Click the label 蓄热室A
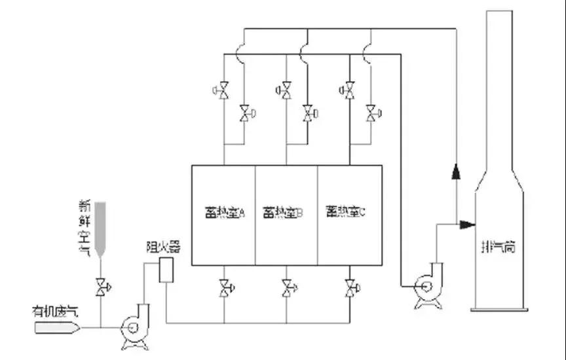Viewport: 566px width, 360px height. click(x=223, y=213)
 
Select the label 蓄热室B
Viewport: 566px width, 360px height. click(x=284, y=213)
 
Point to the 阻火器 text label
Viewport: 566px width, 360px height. click(x=162, y=247)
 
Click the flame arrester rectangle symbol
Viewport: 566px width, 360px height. click(x=166, y=270)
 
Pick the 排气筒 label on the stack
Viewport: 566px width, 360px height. click(x=499, y=248)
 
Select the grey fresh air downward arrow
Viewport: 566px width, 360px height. click(x=100, y=229)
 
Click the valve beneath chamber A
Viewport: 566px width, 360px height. click(x=225, y=286)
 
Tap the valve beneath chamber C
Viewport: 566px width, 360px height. click(x=350, y=286)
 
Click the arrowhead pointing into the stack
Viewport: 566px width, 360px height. click(x=467, y=225)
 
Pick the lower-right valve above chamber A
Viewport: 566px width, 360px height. click(x=244, y=114)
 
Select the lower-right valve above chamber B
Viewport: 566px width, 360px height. click(x=307, y=114)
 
